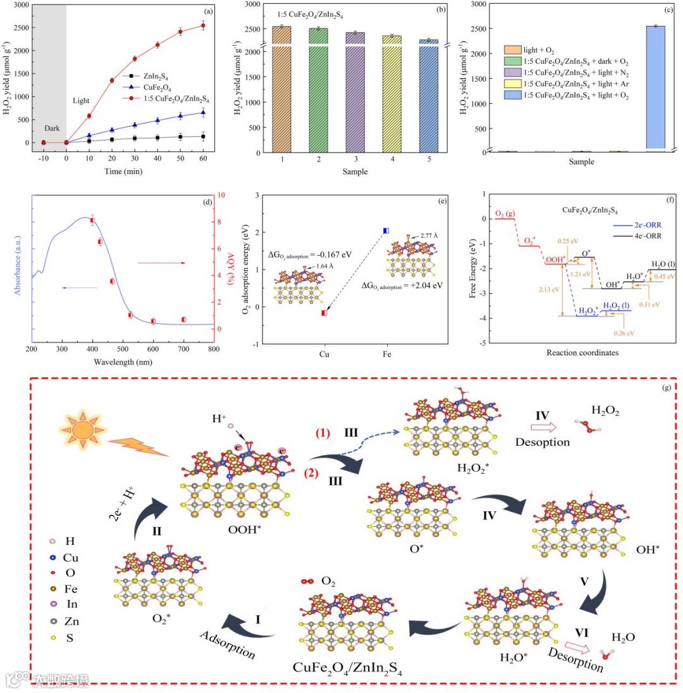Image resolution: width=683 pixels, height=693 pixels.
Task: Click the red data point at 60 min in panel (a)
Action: (203, 25)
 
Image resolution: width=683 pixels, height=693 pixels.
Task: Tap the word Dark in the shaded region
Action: (52, 128)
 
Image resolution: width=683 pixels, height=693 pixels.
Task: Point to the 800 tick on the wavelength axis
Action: (214, 349)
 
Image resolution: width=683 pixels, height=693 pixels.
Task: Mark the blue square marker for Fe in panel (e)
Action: (386, 230)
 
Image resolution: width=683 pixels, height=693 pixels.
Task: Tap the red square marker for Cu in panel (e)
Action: (324, 313)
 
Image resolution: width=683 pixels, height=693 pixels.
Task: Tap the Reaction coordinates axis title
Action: (582, 352)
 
